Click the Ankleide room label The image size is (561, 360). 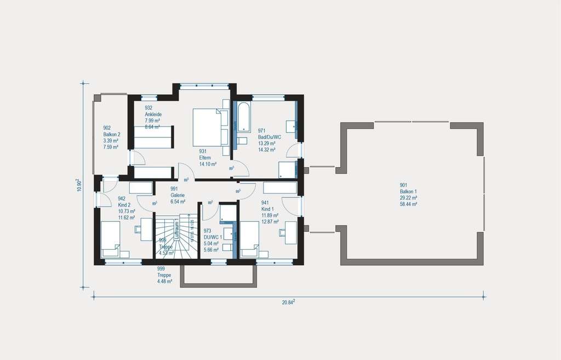point(153,114)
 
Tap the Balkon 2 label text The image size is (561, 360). point(112,134)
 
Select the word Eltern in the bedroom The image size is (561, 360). point(205,157)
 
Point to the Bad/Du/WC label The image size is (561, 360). point(269,137)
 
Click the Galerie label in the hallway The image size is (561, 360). point(177,195)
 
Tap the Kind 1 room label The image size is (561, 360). point(268,209)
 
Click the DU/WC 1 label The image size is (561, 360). point(212,238)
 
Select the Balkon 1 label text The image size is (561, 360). point(409,191)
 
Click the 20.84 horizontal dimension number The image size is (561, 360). point(288,302)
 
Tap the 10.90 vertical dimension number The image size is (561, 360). point(79,185)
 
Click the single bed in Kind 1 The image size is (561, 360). point(250,239)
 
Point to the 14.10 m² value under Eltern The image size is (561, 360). point(208,164)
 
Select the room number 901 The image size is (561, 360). point(404,185)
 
